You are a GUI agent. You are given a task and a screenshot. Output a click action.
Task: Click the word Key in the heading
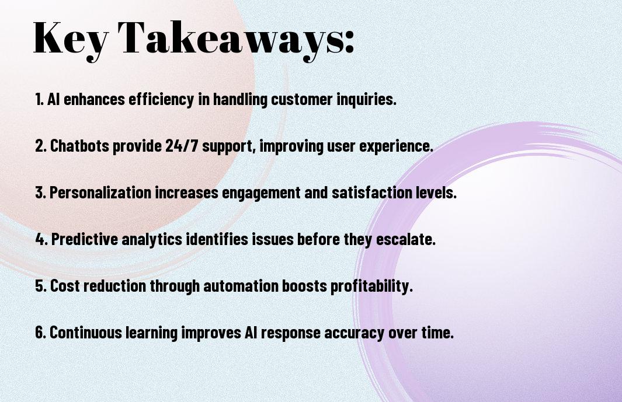click(70, 39)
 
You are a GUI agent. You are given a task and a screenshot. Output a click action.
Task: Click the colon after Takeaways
click(349, 41)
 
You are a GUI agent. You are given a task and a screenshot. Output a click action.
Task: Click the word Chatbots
click(79, 145)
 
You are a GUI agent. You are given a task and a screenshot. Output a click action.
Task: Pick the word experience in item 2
click(396, 146)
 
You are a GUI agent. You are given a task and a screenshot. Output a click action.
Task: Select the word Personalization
click(100, 193)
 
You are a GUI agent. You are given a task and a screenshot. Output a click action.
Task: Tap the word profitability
click(371, 286)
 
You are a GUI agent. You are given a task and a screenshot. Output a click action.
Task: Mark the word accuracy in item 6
click(355, 333)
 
